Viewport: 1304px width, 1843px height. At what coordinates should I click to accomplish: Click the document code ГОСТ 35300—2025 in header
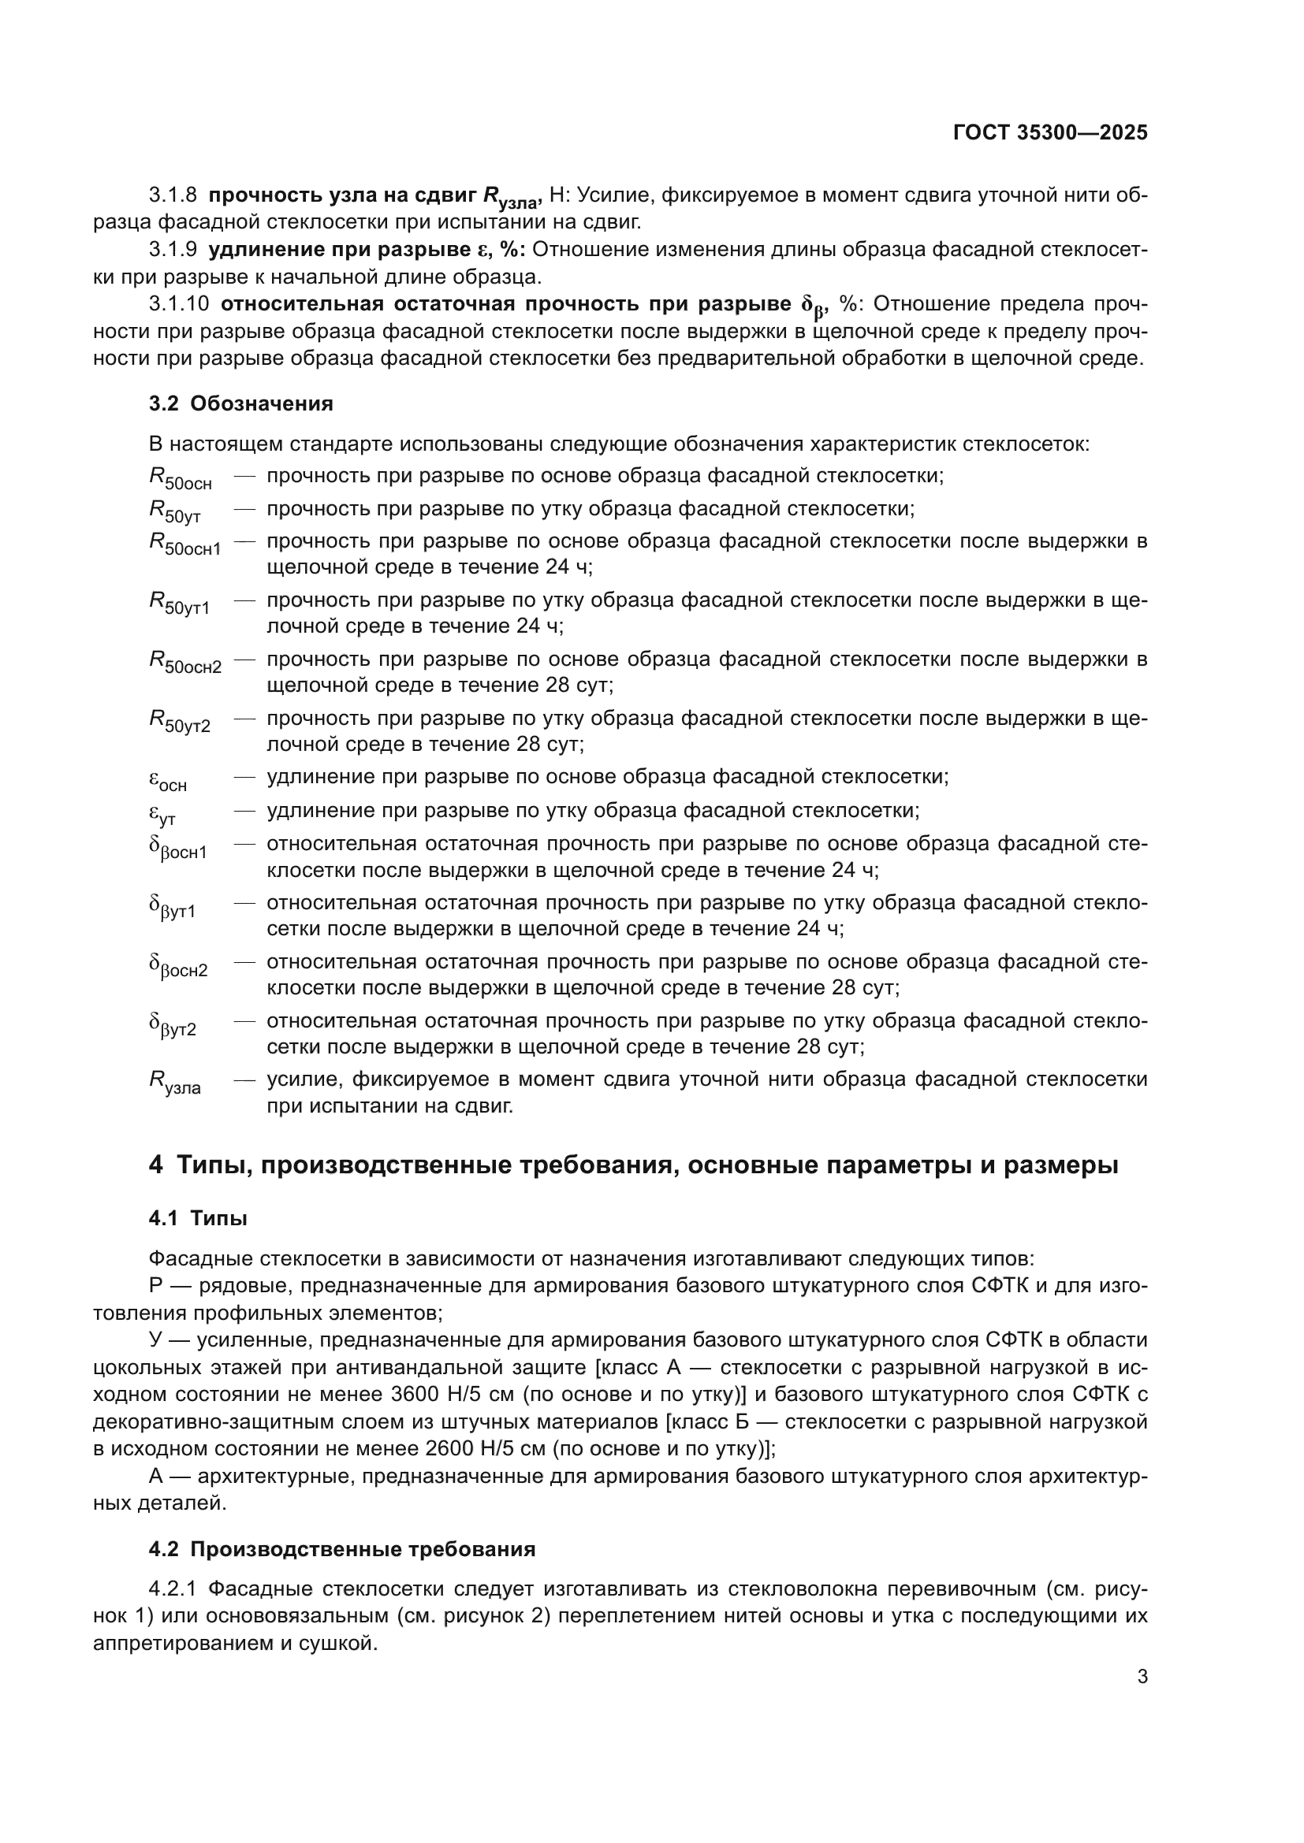(x=1049, y=132)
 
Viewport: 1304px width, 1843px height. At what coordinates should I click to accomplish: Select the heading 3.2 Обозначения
(x=240, y=403)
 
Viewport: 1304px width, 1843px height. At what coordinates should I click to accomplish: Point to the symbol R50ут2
(x=179, y=721)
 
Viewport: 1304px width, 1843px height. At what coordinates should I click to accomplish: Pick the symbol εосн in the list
(x=167, y=779)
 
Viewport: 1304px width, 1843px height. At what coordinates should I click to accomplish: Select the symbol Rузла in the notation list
(x=174, y=1082)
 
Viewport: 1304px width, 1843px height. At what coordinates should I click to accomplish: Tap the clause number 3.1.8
(x=173, y=195)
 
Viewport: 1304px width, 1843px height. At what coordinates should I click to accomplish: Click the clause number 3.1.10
(x=178, y=303)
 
